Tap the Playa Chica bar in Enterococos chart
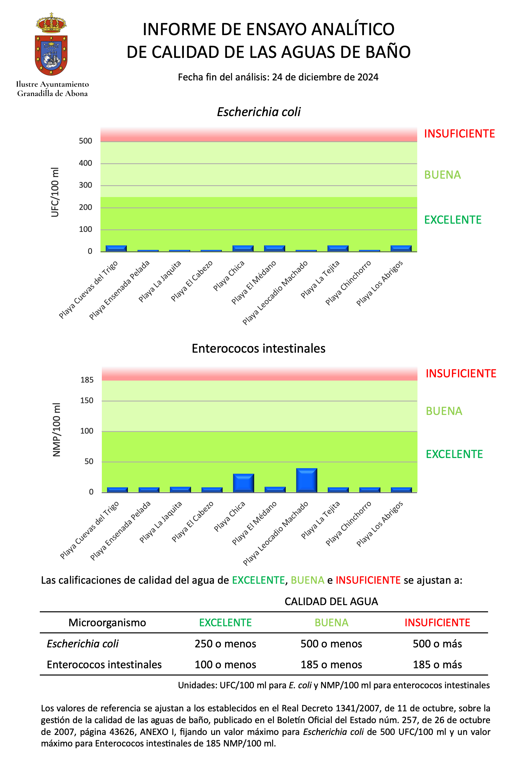point(243,483)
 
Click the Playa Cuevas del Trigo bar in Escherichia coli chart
point(116,248)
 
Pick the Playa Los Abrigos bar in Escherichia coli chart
point(401,248)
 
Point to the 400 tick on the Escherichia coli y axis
point(86,163)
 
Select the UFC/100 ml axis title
point(55,192)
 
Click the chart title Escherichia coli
point(259,112)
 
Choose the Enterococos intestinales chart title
point(259,349)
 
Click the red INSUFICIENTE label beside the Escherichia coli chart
point(459,134)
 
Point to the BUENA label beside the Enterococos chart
point(444,411)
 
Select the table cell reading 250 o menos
point(225,644)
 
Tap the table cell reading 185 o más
point(437,664)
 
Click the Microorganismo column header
point(107,623)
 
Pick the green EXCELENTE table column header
point(225,623)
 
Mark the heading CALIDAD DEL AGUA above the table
point(331,602)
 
